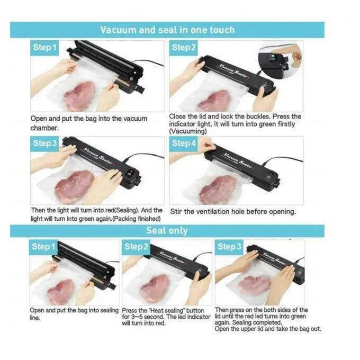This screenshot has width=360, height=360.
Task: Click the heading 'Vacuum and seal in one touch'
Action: pos(167,30)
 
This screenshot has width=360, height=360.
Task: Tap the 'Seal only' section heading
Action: pos(167,230)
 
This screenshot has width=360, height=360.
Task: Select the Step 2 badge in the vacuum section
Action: pos(184,48)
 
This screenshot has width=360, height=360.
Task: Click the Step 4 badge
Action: pos(184,143)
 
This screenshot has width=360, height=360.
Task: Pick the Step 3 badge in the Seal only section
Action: pos(229,247)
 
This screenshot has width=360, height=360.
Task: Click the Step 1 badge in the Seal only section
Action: pos(43,247)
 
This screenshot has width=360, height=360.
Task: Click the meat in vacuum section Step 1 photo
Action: pos(79,96)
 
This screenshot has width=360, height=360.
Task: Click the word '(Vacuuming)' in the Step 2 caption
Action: pos(188,131)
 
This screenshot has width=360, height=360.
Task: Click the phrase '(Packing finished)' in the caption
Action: pos(137,219)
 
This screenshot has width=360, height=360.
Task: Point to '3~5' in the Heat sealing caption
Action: pos(137,317)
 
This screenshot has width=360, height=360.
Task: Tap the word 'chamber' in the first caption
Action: pos(44,128)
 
